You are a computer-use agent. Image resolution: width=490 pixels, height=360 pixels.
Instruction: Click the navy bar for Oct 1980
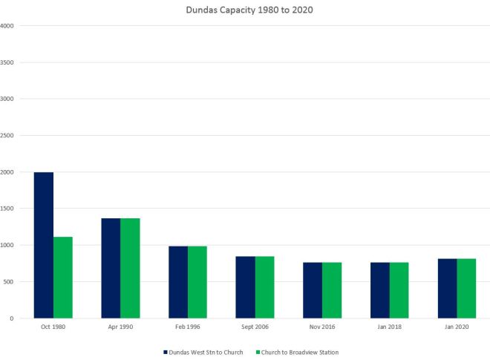[x=44, y=245]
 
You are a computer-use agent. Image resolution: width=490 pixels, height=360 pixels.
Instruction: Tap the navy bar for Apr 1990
[x=111, y=268]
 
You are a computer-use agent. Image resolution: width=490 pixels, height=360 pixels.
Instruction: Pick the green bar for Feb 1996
[x=197, y=282]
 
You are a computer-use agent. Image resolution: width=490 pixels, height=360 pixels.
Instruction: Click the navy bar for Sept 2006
[x=246, y=287]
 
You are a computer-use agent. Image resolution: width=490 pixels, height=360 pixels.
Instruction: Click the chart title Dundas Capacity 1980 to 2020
[x=245, y=10]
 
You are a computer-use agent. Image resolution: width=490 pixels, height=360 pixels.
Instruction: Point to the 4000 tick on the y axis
[x=7, y=26]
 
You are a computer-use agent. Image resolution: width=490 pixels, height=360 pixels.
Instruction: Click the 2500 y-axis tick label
[x=7, y=136]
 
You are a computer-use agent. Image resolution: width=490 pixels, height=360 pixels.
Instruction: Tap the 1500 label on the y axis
[x=7, y=209]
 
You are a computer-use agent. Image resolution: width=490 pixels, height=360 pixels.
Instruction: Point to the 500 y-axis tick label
[x=9, y=282]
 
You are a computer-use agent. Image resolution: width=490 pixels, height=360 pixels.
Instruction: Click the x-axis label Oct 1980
[x=53, y=327]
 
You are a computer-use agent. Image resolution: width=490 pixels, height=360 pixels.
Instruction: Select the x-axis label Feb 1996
[x=188, y=327]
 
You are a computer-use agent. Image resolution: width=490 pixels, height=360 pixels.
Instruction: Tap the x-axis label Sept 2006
[x=255, y=327]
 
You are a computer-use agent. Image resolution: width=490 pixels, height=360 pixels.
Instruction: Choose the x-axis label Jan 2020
[x=457, y=327]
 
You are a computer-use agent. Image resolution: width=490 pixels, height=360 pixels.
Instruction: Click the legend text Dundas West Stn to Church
[x=205, y=351]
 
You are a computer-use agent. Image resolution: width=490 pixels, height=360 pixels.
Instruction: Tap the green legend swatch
[x=258, y=351]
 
